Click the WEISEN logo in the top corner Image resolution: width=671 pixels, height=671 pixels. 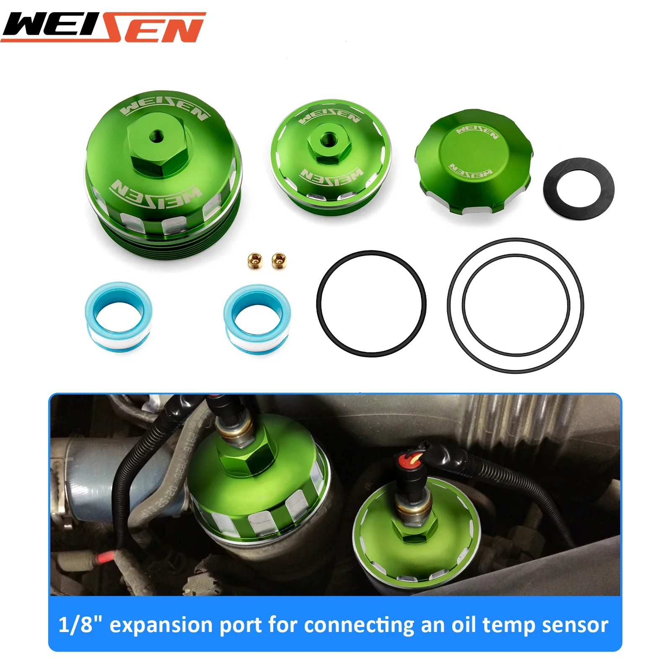[103, 27]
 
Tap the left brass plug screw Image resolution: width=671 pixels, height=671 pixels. [254, 260]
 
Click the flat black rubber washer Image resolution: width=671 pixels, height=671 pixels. [579, 188]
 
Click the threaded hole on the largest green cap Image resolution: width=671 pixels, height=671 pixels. [158, 135]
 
